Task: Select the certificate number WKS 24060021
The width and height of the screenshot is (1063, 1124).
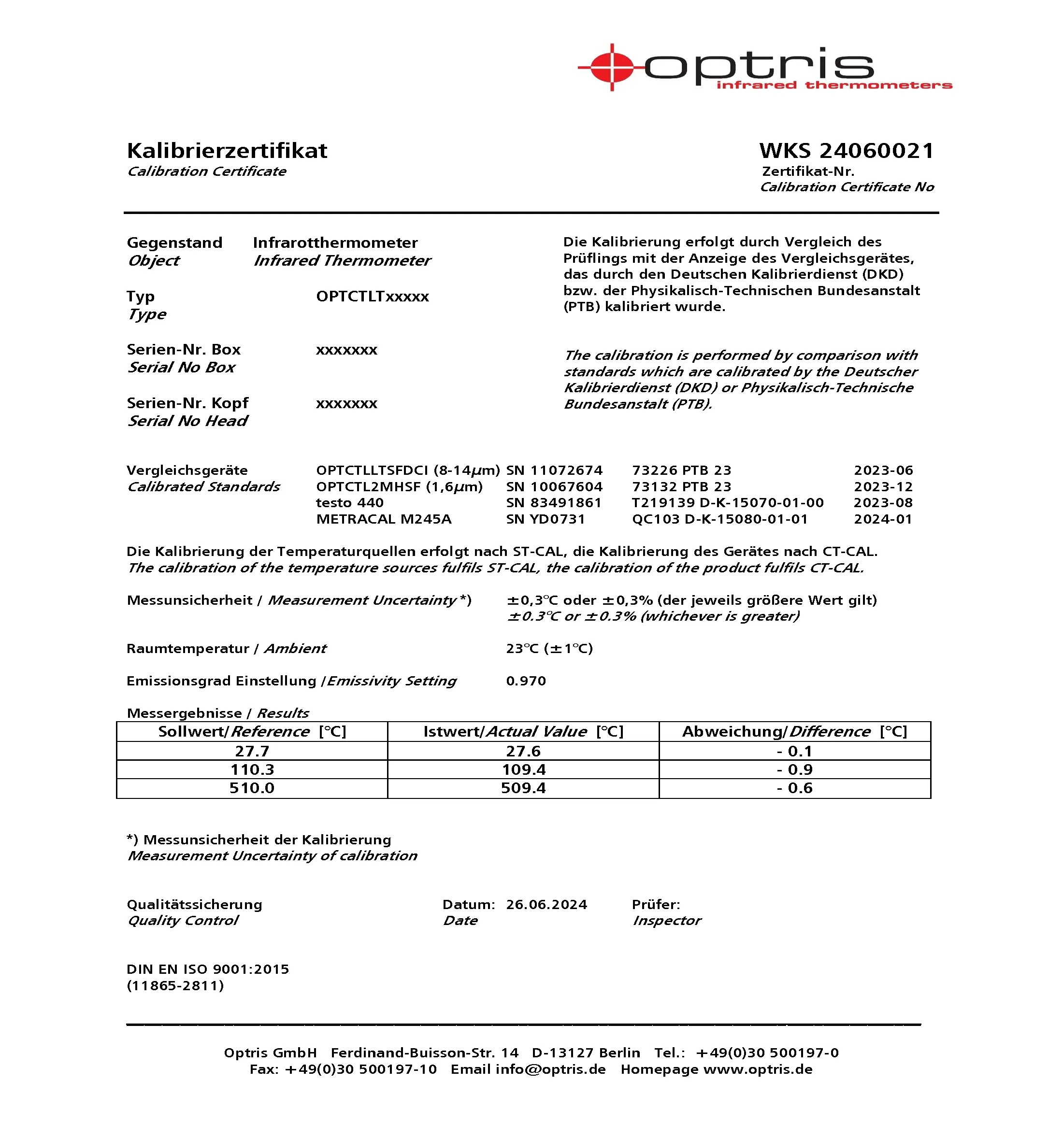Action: click(x=846, y=151)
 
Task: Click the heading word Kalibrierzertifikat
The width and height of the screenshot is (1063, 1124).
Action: click(x=227, y=151)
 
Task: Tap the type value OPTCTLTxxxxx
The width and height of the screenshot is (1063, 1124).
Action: click(x=372, y=296)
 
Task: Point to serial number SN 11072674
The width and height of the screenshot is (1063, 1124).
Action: click(x=554, y=470)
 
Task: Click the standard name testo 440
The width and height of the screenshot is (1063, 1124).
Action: click(x=350, y=502)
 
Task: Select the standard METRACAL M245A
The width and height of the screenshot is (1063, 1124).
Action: click(x=384, y=519)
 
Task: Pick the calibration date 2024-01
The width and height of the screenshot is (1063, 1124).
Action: click(x=883, y=519)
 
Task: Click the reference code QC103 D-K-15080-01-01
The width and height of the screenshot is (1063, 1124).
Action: click(x=719, y=519)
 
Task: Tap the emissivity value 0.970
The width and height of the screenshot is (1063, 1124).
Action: click(x=526, y=681)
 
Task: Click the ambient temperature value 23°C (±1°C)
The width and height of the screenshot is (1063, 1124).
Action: click(x=549, y=648)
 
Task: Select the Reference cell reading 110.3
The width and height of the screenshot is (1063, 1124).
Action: click(x=252, y=769)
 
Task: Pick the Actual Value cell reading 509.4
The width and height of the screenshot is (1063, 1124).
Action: click(x=523, y=788)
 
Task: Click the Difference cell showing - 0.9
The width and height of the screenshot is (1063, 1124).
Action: click(x=794, y=769)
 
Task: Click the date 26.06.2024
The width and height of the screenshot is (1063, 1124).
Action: click(x=546, y=904)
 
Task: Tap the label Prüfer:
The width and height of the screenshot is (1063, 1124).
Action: click(x=656, y=904)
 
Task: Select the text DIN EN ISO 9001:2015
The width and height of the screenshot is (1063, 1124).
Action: click(x=207, y=969)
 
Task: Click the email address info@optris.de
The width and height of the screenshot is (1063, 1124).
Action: click(x=550, y=1069)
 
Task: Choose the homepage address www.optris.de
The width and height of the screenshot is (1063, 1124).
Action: click(x=758, y=1069)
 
